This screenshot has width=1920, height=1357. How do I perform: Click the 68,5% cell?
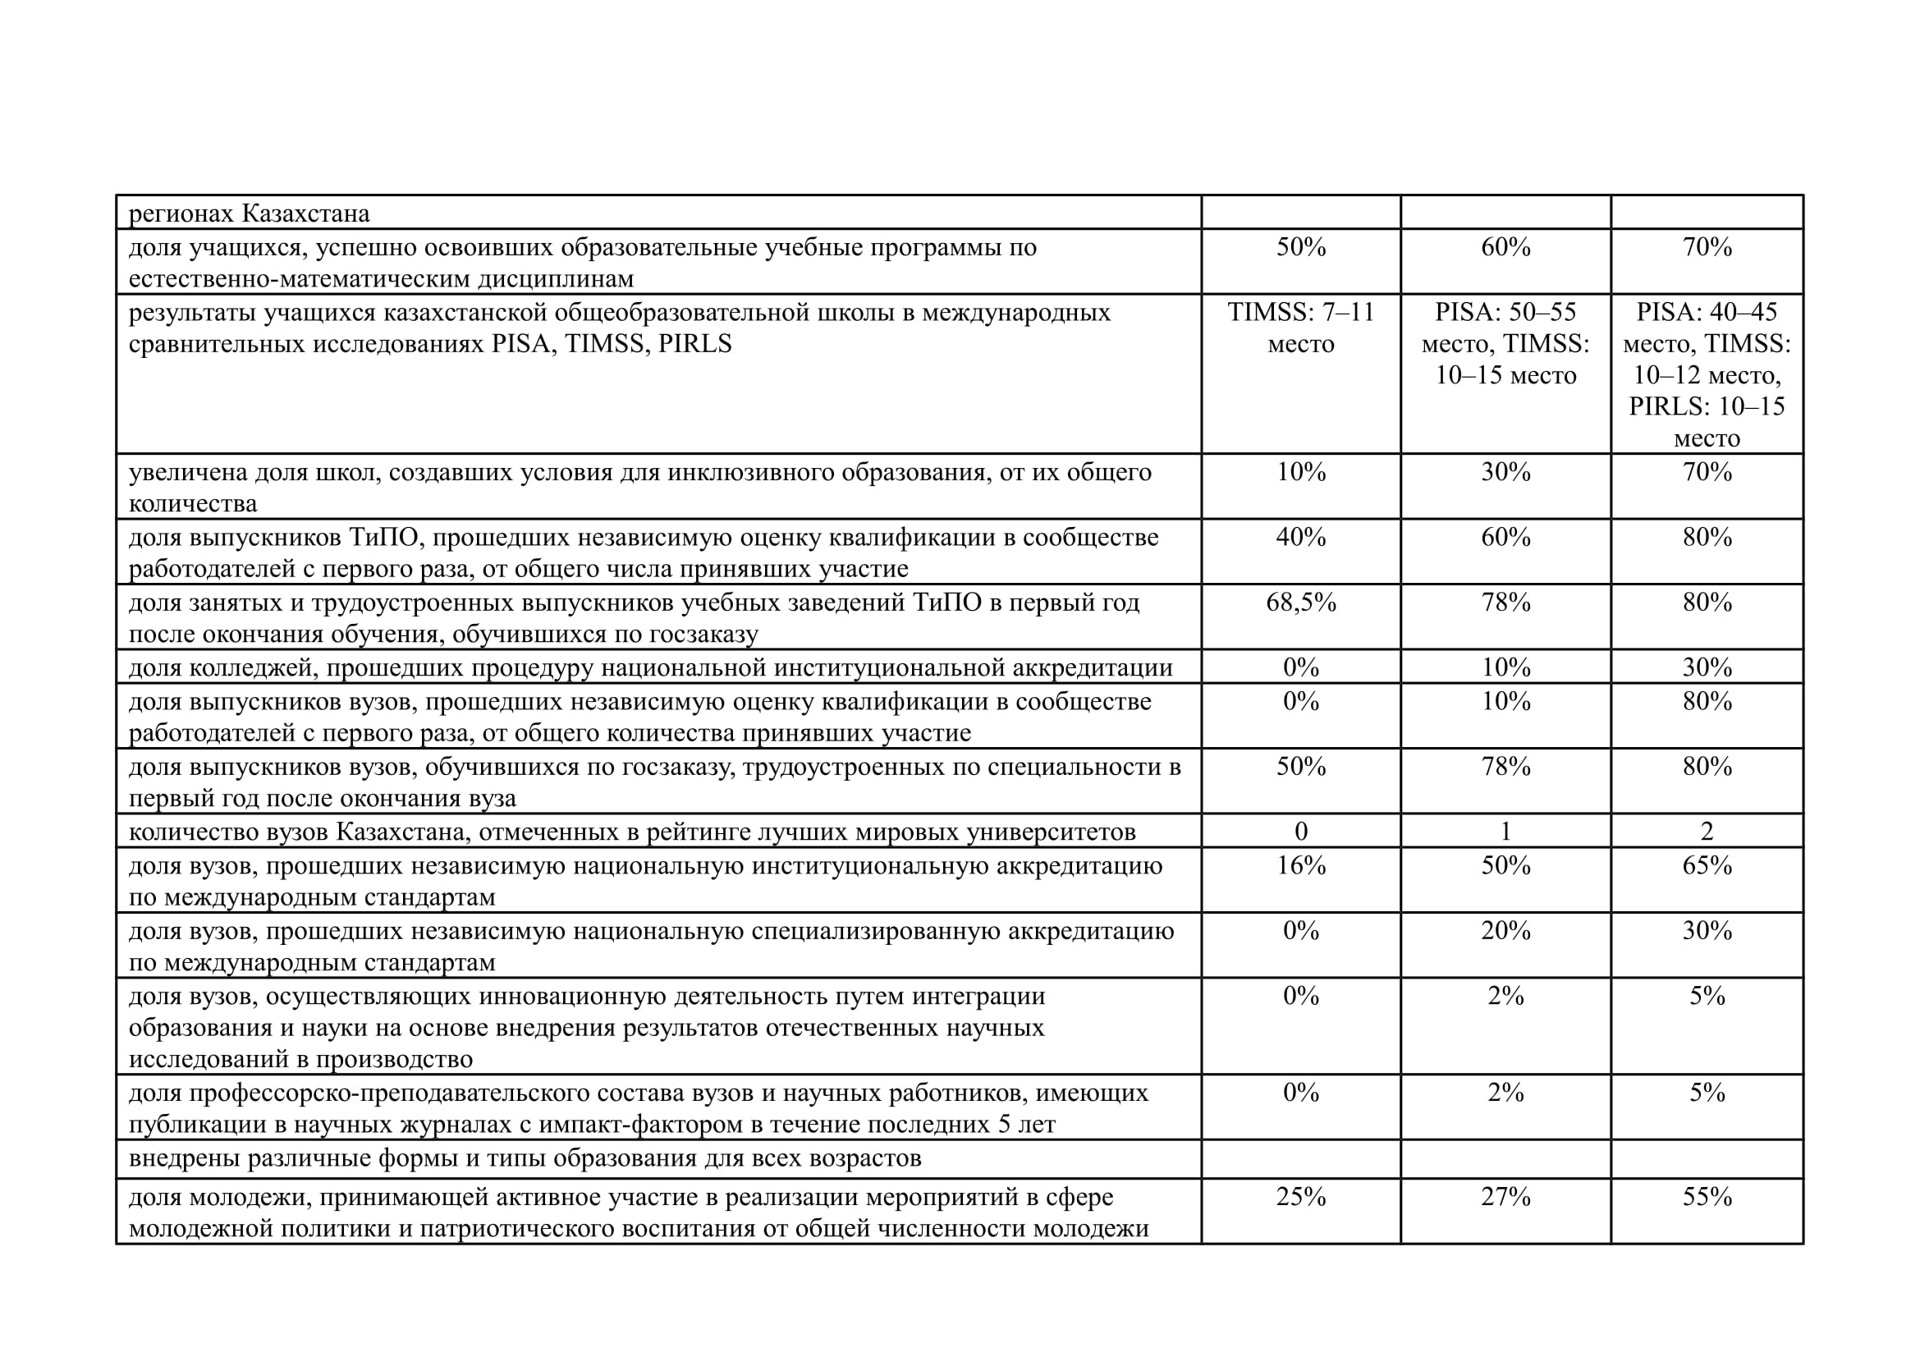point(1300,603)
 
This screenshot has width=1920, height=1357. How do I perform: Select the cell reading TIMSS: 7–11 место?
point(1300,328)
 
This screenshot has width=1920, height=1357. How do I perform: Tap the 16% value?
point(1300,865)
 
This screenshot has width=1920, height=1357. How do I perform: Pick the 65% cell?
point(1707,865)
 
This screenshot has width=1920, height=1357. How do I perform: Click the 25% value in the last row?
point(1300,1197)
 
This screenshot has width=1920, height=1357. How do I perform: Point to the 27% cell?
point(1505,1197)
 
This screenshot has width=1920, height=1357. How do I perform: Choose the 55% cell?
point(1707,1197)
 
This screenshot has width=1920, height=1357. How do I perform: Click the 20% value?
point(1505,931)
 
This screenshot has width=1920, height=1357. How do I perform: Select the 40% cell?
point(1300,537)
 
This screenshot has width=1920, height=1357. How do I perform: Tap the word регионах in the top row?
point(181,214)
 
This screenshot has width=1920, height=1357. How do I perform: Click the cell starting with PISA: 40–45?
point(1707,374)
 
